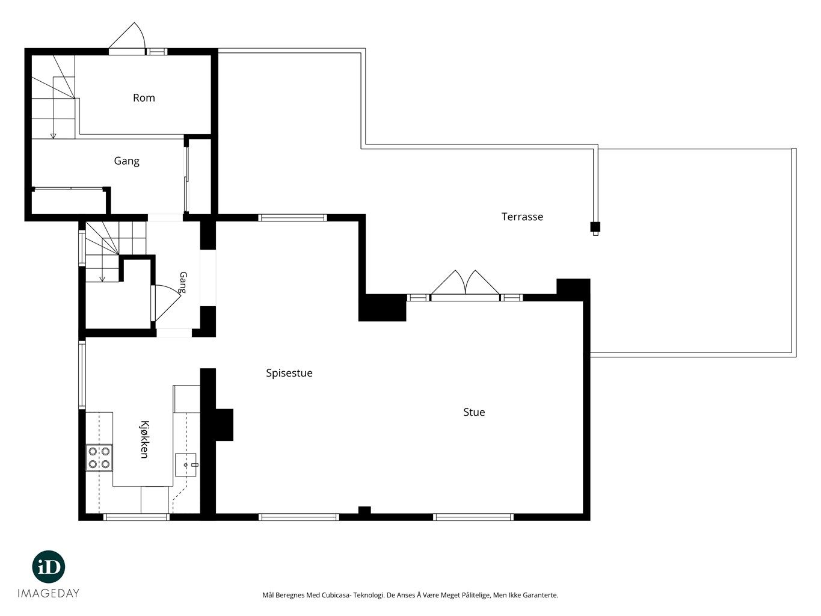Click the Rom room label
[144, 97]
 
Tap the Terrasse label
[522, 217]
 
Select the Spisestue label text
[289, 373]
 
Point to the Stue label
[474, 412]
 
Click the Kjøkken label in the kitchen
[144, 439]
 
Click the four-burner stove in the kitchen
[99, 458]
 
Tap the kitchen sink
[186, 465]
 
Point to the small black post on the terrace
[595, 227]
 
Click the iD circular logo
[49, 567]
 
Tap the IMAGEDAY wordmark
[49, 593]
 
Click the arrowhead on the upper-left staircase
[53, 136]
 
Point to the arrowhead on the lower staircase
[102, 279]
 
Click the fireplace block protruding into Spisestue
[224, 425]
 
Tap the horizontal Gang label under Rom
[126, 161]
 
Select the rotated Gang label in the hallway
[183, 282]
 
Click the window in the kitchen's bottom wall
[137, 517]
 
